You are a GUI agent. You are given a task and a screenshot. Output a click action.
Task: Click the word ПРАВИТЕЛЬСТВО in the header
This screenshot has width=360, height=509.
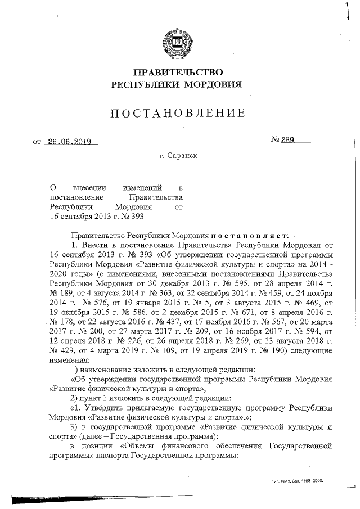178,72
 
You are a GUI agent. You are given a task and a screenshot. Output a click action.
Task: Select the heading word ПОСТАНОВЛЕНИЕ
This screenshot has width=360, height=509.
178,113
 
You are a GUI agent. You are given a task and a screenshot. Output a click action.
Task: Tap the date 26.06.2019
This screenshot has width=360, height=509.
69,142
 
